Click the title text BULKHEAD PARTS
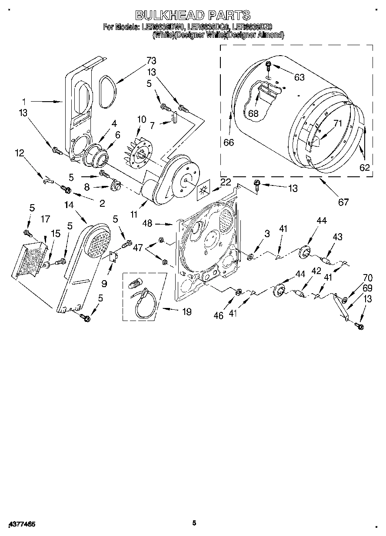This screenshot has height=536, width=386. click(193, 16)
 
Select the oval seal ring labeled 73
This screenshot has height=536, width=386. click(106, 91)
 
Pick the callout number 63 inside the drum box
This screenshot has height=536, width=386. click(299, 77)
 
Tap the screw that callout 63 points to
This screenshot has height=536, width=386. click(269, 66)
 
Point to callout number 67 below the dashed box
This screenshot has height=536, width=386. click(343, 202)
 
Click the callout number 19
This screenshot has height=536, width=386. click(186, 311)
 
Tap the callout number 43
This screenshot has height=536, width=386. click(337, 237)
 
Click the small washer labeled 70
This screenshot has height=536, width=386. click(345, 299)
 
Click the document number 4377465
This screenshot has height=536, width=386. click(21, 524)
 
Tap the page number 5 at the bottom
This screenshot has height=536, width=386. click(194, 523)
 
